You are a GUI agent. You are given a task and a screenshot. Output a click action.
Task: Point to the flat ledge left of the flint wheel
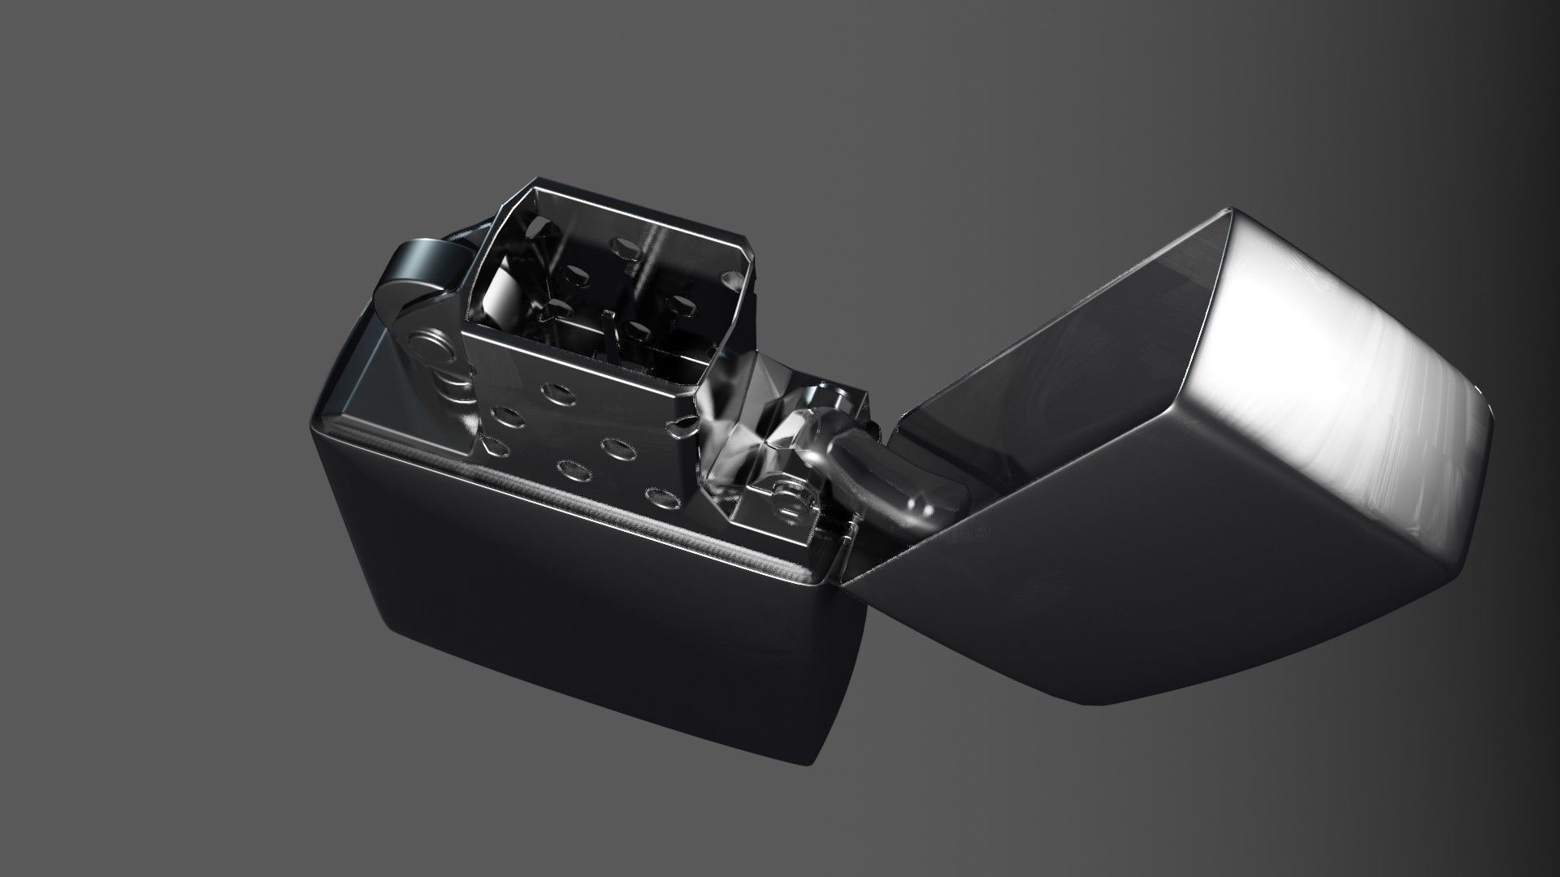tap(357, 382)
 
